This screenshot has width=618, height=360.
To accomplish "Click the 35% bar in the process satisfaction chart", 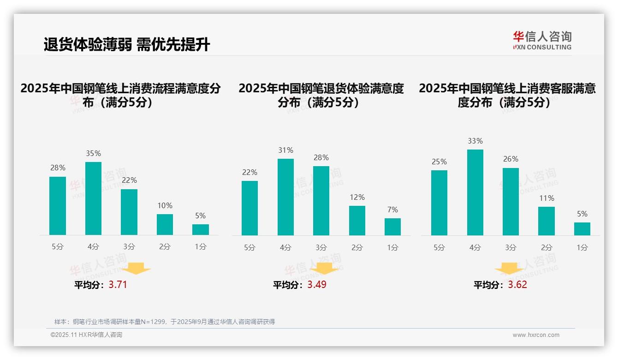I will [x=93, y=198].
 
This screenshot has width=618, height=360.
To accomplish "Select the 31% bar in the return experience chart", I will [x=285, y=197].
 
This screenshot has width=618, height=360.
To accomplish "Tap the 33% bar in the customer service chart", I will [x=475, y=192].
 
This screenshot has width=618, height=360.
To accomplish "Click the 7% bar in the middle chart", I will [x=392, y=227].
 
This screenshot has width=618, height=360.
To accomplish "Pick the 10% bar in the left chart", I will [x=165, y=224].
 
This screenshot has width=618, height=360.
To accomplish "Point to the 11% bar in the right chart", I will [x=547, y=221].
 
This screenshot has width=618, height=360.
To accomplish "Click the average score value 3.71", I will [x=118, y=285].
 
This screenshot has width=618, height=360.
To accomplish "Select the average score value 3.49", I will [x=317, y=285].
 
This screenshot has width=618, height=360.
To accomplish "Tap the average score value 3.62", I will [x=517, y=285].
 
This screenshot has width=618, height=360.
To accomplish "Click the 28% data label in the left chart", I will [x=58, y=168].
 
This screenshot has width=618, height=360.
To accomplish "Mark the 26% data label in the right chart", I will [x=511, y=159].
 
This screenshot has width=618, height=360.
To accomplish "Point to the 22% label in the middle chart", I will [x=250, y=173].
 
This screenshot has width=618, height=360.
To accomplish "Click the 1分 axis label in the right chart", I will [x=582, y=247].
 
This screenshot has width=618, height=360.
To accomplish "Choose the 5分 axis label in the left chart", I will [x=58, y=247].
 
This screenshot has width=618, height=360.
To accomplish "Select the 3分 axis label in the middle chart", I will [x=321, y=247].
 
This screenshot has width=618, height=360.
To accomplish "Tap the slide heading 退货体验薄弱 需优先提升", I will [x=127, y=45].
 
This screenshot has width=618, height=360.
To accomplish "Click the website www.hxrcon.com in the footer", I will [x=536, y=335].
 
